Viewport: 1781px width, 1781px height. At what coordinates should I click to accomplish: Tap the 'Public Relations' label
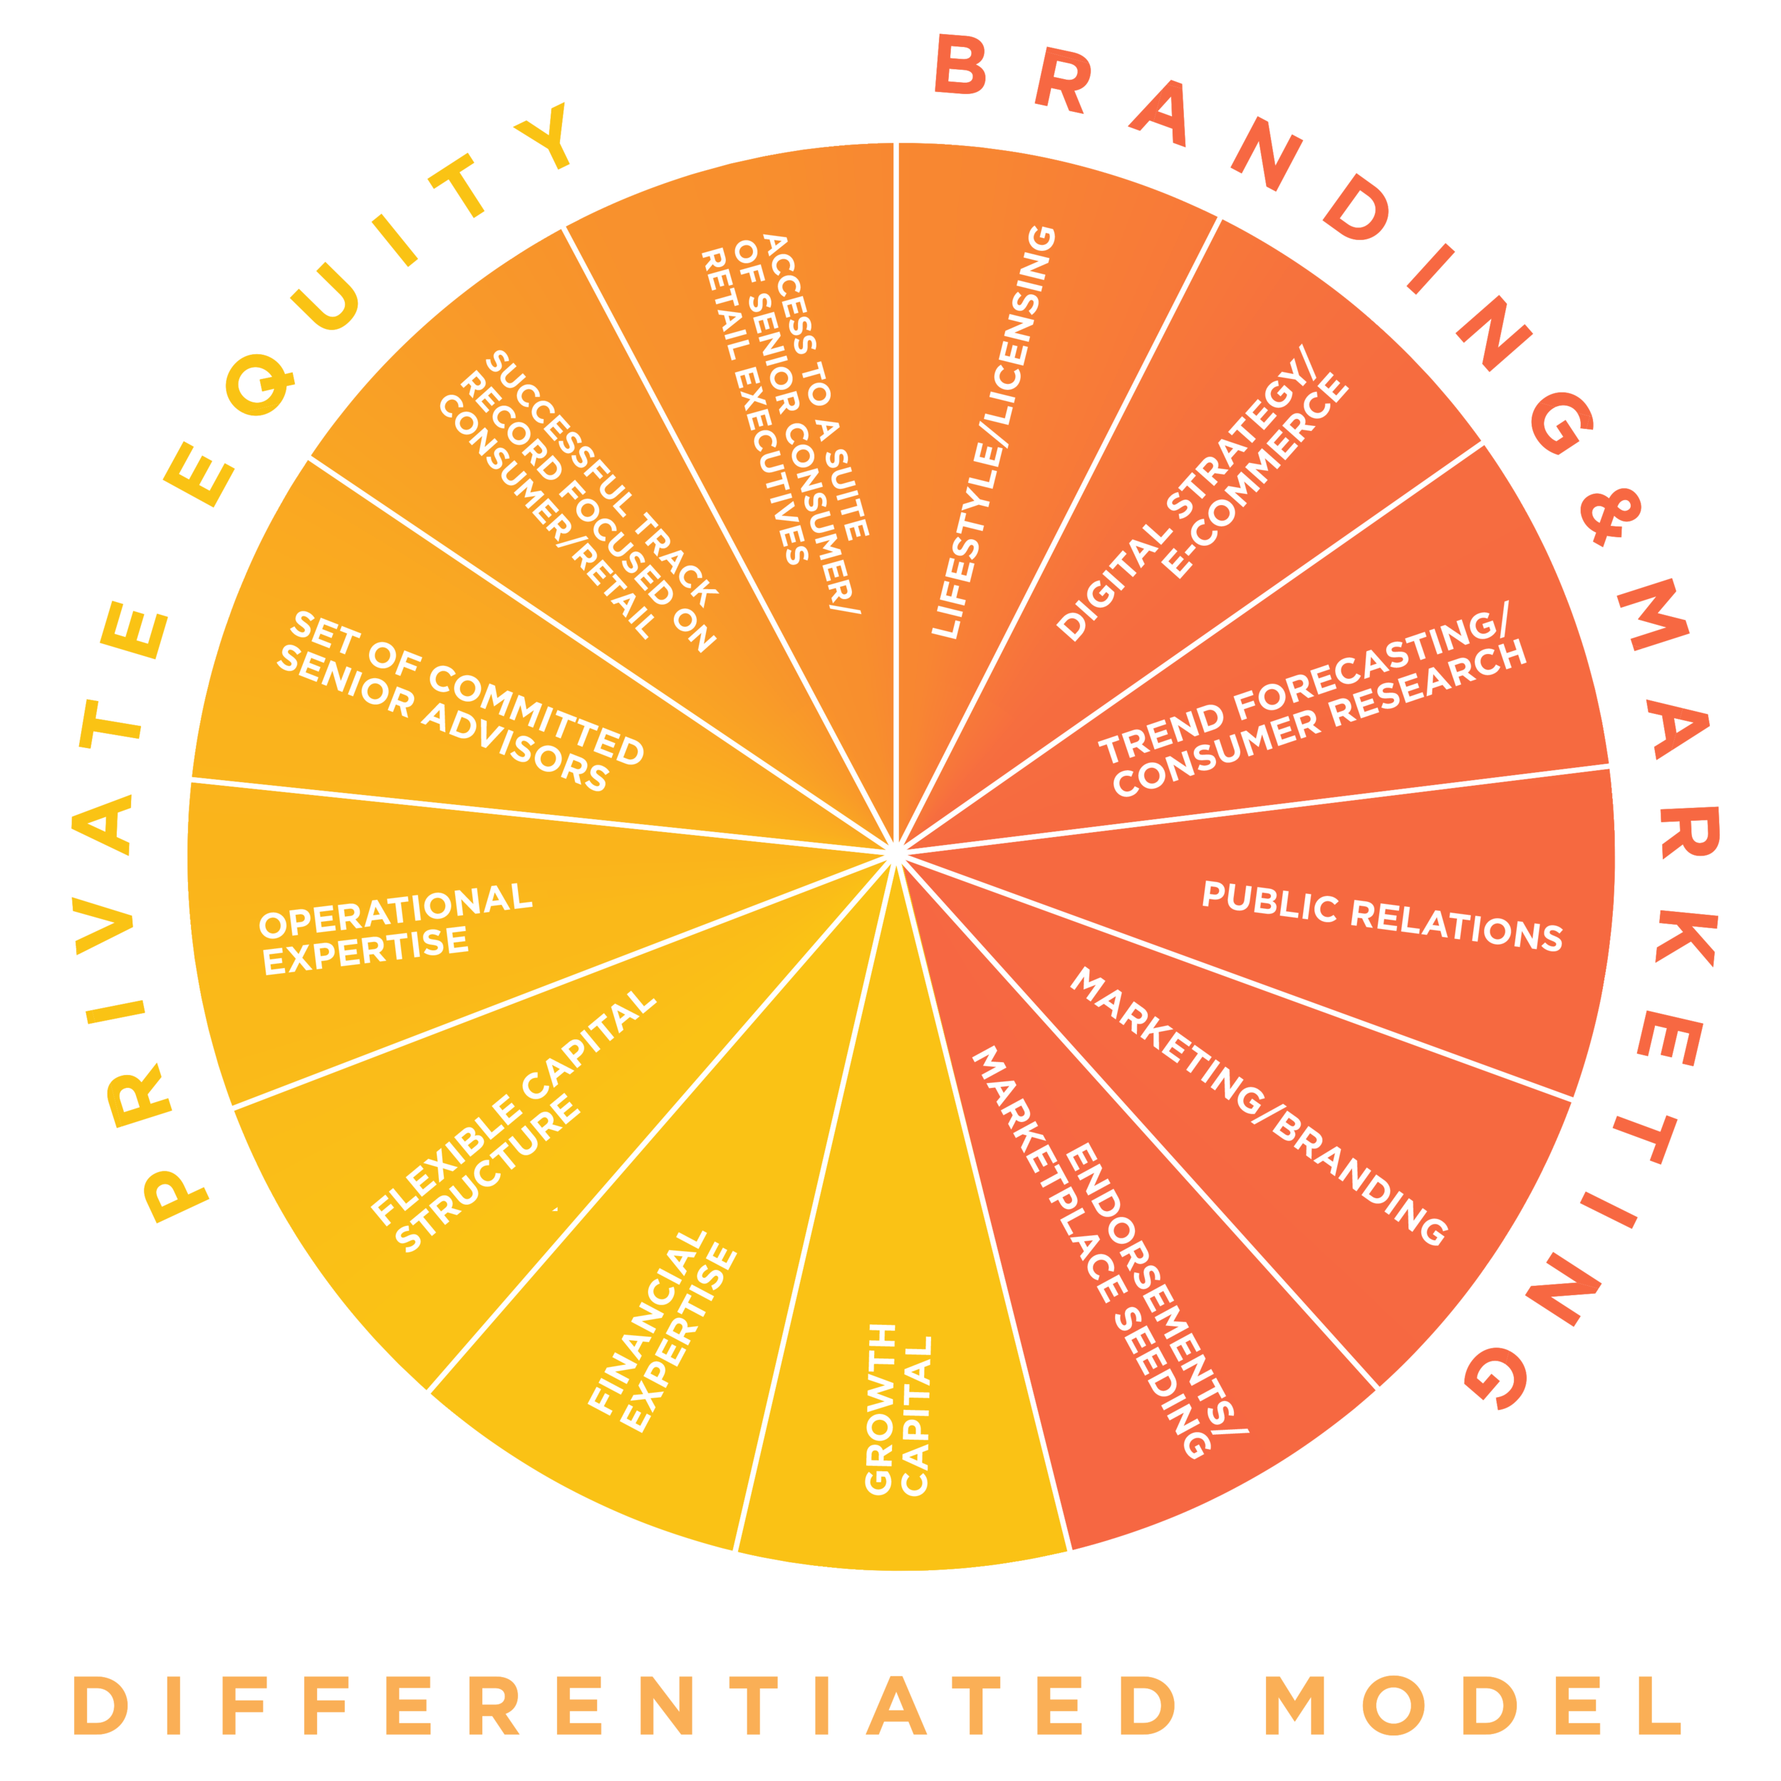click(x=1382, y=916)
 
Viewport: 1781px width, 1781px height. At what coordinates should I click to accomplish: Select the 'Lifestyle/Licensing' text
click(x=994, y=432)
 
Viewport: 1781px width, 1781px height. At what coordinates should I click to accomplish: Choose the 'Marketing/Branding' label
click(x=1257, y=1106)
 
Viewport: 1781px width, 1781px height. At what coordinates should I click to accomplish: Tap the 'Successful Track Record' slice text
click(x=577, y=502)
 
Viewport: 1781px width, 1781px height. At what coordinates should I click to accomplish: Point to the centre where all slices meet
click(x=893, y=853)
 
